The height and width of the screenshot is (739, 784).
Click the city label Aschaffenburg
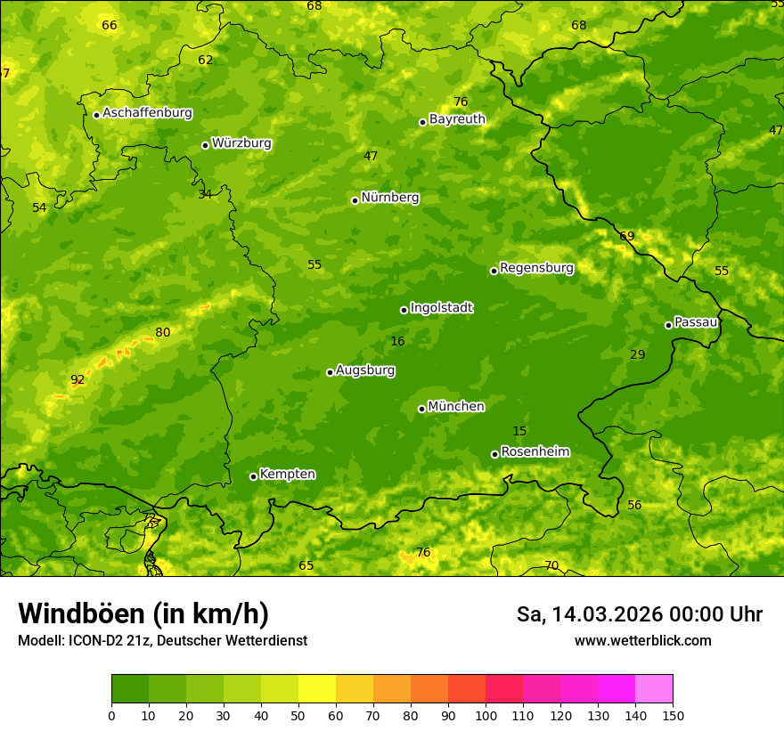[147, 113]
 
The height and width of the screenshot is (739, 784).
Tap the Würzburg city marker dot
[205, 145]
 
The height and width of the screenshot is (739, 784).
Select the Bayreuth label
[457, 118]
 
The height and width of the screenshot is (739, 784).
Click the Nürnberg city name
[389, 198]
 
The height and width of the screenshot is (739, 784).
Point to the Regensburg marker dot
[494, 271]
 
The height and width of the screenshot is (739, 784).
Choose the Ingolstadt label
[441, 308]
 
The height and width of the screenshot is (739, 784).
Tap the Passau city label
[696, 322]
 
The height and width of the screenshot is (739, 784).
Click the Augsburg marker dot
[330, 372]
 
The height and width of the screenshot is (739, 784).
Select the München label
[456, 407]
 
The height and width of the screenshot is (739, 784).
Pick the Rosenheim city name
[535, 452]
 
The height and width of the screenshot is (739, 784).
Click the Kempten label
[287, 475]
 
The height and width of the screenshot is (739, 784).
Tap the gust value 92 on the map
[78, 380]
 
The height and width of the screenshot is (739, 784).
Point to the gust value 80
[162, 333]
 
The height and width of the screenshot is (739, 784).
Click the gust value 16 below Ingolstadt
[397, 342]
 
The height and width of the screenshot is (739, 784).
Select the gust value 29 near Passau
[637, 355]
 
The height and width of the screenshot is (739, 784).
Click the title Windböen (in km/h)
[143, 613]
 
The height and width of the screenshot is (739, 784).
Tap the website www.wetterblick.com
[642, 641]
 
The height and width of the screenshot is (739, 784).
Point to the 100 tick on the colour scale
[486, 715]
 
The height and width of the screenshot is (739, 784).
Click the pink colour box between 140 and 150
[654, 689]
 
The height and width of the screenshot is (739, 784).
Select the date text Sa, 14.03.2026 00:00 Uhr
[639, 614]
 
